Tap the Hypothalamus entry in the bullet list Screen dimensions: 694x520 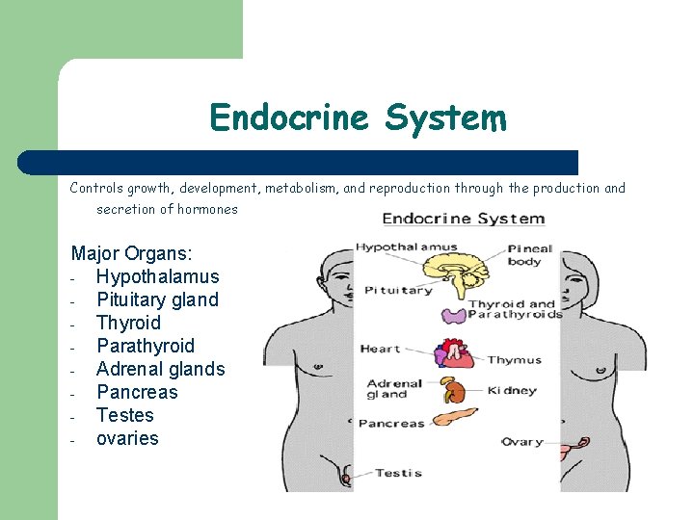point(157,276)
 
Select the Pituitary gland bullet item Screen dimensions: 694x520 point(157,299)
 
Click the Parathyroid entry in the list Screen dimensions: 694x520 point(145,346)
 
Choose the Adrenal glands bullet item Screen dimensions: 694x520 point(160,369)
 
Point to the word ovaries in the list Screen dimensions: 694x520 point(127,438)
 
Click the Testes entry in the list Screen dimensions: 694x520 point(124,415)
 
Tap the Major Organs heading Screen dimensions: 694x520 point(132,253)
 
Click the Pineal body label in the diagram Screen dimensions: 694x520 point(529,254)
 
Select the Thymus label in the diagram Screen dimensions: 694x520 point(514,360)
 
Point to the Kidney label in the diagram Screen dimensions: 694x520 point(512,391)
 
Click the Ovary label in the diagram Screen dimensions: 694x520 point(521,442)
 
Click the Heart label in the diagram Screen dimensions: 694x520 point(380,349)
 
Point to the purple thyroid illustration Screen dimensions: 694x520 point(453,315)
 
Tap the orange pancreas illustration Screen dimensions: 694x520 point(455,418)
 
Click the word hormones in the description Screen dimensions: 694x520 point(207,209)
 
